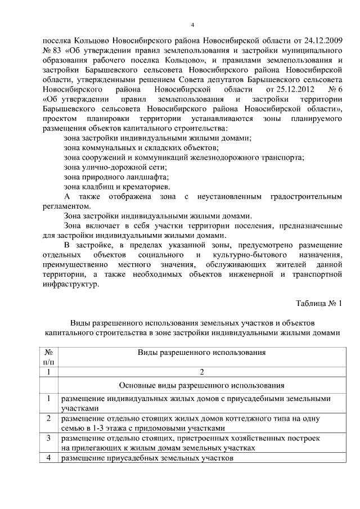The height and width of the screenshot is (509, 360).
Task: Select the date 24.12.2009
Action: pyautogui.click(x=321, y=41)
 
